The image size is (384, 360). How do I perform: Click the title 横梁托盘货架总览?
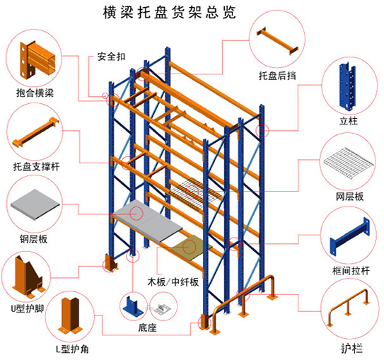[x=169, y=12]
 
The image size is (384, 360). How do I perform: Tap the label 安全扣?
[x=112, y=57]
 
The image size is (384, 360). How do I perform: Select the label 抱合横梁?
[x=35, y=93]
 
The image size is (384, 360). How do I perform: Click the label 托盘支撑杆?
[x=37, y=167]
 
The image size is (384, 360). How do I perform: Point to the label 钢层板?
[x=33, y=239]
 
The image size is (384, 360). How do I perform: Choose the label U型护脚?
[x=27, y=308]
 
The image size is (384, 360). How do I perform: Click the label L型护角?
[x=72, y=349]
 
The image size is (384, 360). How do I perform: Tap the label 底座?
[x=147, y=327]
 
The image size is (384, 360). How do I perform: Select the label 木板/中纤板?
[x=173, y=282]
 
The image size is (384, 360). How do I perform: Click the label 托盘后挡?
[x=277, y=76]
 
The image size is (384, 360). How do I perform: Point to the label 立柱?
[x=349, y=121]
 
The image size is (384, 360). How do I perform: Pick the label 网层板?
[x=349, y=197]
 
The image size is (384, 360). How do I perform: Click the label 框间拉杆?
[x=351, y=271]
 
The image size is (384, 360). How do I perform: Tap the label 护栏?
[x=351, y=349]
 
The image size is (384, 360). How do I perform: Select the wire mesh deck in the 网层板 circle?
[x=349, y=163]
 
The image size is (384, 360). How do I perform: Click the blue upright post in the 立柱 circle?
[x=347, y=87]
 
